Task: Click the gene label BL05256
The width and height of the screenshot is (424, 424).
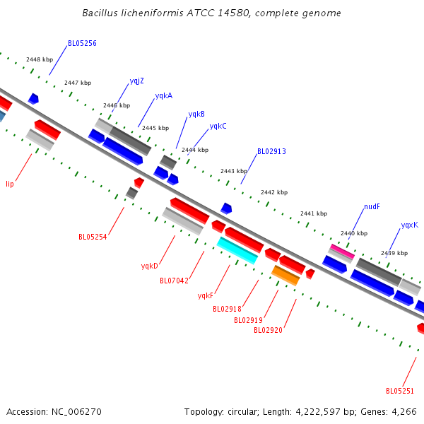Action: click(82, 43)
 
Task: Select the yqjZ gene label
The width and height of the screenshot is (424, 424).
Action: click(137, 81)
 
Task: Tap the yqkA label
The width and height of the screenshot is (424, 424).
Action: click(164, 95)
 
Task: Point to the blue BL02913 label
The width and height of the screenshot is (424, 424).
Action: click(271, 151)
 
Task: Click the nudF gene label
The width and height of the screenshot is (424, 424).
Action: click(372, 206)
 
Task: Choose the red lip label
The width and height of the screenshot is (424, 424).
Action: click(10, 184)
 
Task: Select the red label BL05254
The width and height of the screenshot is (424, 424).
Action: click(93, 237)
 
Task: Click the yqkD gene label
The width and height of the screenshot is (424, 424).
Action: click(150, 266)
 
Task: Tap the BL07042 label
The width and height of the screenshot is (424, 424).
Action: click(174, 281)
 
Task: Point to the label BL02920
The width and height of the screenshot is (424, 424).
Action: click(268, 330)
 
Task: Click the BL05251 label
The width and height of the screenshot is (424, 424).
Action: click(400, 391)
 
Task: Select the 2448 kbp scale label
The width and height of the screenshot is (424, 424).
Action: click(40, 59)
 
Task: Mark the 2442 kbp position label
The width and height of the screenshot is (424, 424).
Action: click(274, 192)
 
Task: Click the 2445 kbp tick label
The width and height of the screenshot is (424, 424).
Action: click(155, 128)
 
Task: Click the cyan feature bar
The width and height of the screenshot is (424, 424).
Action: click(237, 250)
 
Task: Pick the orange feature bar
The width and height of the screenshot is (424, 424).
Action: click(285, 276)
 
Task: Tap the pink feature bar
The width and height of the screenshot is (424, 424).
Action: click(342, 251)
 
